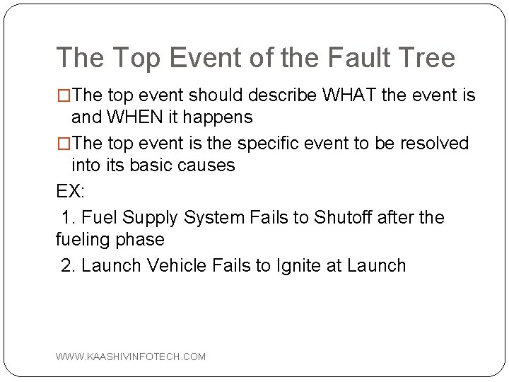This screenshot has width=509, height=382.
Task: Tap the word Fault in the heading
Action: tap(349, 58)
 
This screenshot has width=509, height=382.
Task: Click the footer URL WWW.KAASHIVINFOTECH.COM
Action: tap(131, 357)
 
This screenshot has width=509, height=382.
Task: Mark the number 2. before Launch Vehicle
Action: tap(69, 265)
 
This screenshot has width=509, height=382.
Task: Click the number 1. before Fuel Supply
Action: tap(69, 216)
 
